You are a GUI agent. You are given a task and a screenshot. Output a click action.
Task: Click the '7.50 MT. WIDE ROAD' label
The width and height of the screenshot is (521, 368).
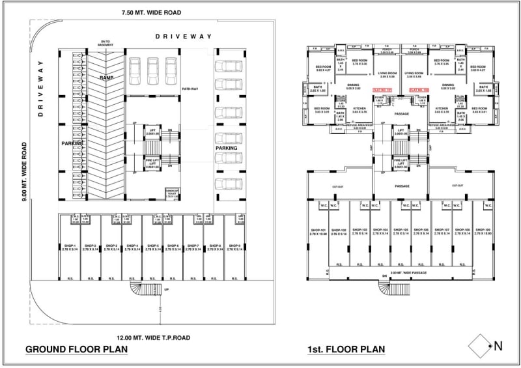[151, 13]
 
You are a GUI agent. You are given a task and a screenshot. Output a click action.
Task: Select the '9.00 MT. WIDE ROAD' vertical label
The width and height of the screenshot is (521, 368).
[24, 172]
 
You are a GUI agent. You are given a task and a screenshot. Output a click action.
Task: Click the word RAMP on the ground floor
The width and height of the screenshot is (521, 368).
[107, 78]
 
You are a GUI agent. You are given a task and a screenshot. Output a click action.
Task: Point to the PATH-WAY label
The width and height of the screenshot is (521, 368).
[190, 89]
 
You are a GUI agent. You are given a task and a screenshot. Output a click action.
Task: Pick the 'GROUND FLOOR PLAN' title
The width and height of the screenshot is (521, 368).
[76, 350]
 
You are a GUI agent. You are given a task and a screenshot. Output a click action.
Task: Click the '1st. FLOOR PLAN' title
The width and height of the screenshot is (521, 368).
[346, 350]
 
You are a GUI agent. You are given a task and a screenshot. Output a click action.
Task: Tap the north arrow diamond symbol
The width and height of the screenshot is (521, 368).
[481, 346]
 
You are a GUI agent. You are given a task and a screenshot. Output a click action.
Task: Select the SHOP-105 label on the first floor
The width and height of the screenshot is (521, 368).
[401, 231]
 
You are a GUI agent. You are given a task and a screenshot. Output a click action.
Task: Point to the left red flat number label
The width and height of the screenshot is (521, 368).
[382, 91]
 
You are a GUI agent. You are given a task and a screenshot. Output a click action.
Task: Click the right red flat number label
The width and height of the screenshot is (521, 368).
[418, 91]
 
